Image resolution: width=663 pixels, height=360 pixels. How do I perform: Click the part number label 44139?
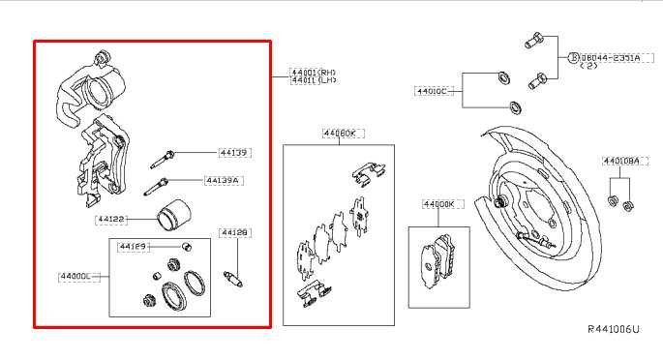point(233,153)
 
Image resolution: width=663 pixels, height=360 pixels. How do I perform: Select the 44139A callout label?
point(223,180)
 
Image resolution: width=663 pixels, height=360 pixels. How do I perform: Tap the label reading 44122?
point(111,221)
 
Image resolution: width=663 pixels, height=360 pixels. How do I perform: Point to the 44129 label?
point(133,247)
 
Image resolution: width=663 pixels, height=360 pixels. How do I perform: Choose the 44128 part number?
point(234,232)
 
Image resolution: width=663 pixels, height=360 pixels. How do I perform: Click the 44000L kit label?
point(75,277)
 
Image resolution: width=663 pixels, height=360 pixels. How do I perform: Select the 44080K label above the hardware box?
point(340,134)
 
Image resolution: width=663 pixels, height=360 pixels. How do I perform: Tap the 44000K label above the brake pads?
point(438,204)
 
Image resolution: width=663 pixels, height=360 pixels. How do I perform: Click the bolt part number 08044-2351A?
point(608,58)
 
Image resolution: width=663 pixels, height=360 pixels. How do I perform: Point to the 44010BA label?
point(620,162)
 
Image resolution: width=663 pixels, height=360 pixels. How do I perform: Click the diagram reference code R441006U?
point(614,330)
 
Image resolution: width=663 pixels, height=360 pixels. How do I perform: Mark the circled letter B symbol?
point(572,58)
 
